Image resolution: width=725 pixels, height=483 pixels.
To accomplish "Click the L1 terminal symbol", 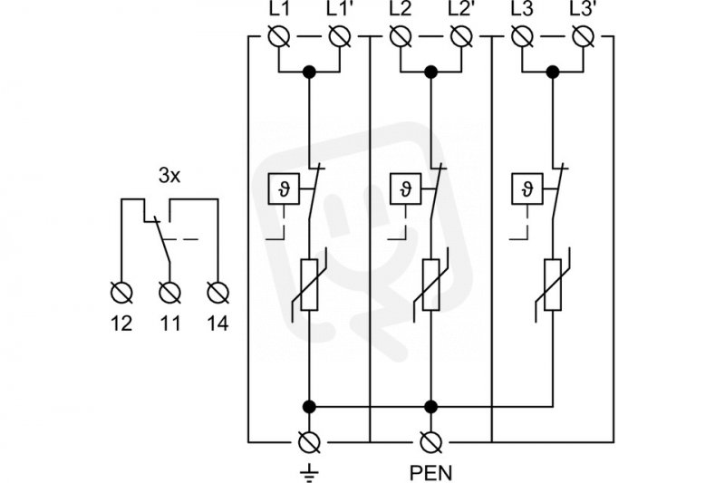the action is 279,36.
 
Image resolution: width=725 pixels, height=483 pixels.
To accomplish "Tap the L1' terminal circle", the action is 340,36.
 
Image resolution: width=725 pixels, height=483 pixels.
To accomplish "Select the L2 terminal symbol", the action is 401,36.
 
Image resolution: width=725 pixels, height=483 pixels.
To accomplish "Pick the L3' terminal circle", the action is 583,36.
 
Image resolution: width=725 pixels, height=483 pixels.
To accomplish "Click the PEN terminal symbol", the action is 431,442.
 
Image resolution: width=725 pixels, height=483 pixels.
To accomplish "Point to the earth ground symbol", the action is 309,472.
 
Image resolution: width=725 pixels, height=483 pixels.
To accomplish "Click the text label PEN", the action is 430,473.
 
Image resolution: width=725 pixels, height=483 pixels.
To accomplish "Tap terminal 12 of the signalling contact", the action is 121,293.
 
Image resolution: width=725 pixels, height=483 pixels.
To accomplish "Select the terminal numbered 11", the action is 169,293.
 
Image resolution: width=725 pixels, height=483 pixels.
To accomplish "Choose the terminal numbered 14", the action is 217,293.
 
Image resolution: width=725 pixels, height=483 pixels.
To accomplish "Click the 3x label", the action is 169,176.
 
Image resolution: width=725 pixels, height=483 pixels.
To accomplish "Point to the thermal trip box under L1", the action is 284,188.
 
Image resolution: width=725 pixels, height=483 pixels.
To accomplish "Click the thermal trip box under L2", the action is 405,188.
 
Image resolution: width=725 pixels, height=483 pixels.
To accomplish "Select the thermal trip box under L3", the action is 527,188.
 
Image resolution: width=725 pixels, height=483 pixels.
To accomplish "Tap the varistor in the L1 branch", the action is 309,285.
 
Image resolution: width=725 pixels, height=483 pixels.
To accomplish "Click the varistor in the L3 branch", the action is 553,285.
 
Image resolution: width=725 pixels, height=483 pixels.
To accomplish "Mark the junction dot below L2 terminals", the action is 431,72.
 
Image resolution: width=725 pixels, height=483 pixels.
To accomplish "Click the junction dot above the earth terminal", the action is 309,407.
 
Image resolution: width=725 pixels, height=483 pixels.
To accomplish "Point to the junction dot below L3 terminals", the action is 553,72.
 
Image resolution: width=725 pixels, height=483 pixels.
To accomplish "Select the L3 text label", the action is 522,9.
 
